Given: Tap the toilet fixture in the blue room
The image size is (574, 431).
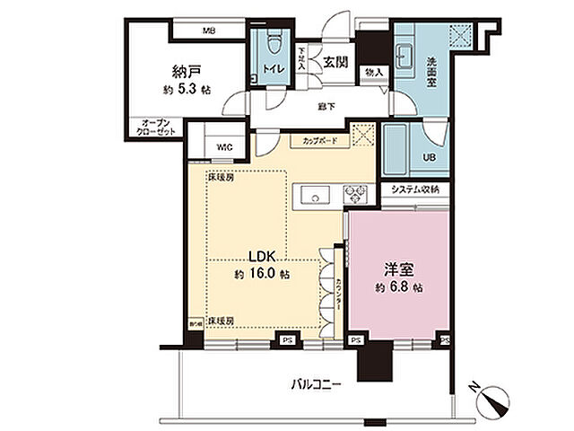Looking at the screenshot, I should coord(273,42).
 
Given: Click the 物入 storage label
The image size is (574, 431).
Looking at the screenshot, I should coord(375,72).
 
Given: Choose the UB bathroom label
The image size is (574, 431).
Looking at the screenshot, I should coord(430,157).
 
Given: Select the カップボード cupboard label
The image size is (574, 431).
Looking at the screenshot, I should coord(316,140).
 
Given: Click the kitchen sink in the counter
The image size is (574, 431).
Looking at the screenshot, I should coord(317,193).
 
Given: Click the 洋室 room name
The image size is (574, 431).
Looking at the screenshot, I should coord(396,269).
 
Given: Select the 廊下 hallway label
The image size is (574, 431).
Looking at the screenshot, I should coord(326,105).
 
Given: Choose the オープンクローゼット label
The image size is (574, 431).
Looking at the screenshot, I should coord(156,127).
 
